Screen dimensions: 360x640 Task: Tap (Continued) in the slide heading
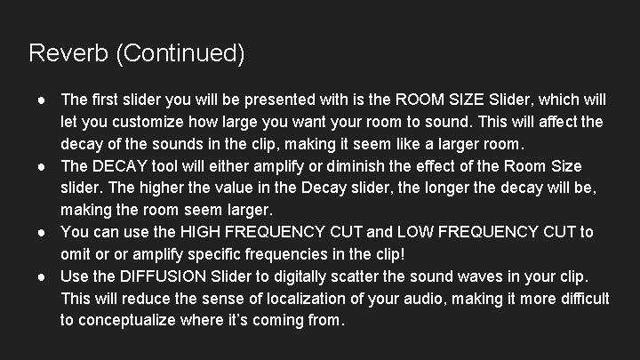pyautogui.click(x=179, y=53)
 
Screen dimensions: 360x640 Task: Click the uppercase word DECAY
pyautogui.click(x=120, y=166)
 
